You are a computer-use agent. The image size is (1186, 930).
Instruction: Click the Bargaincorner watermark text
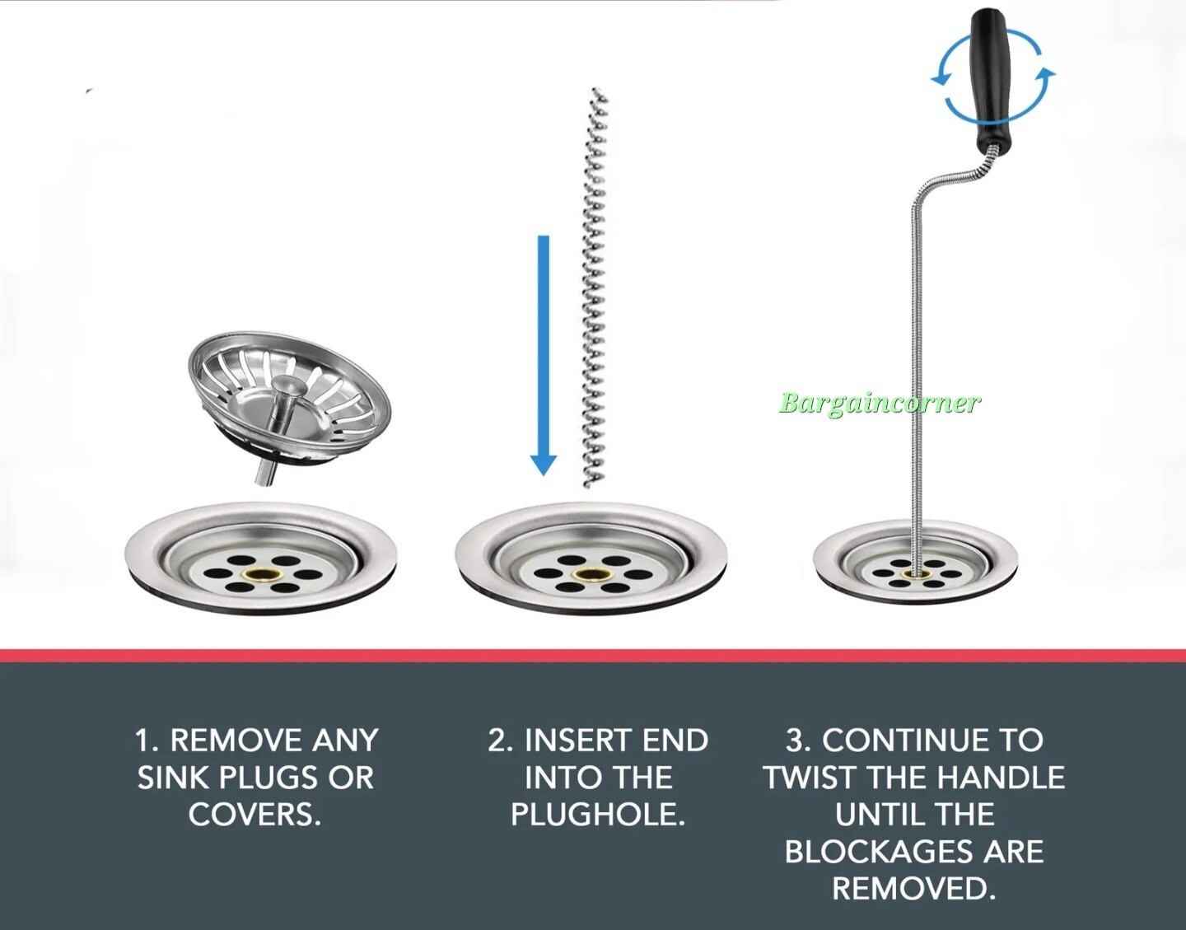[x=879, y=403]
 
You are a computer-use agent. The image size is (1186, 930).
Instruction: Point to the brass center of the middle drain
[x=590, y=574]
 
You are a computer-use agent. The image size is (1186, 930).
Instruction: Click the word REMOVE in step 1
[x=225, y=740]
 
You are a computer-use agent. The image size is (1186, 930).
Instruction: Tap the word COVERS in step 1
[x=254, y=815]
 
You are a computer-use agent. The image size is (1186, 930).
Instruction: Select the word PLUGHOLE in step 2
[x=597, y=815]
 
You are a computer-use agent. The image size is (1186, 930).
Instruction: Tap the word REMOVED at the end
[x=913, y=889]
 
